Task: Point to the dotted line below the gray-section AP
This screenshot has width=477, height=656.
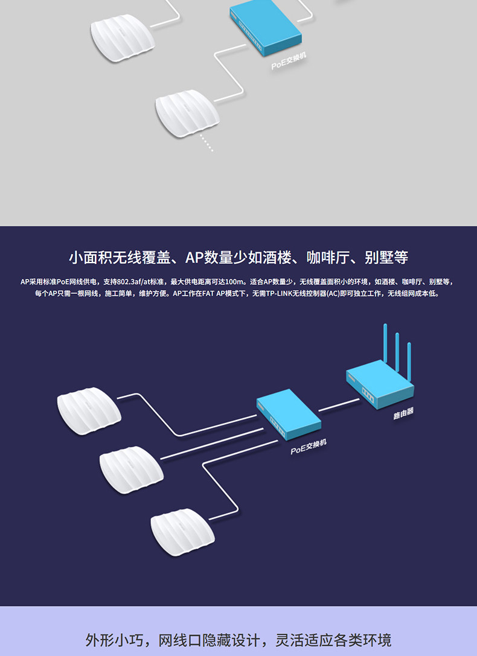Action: pos(206,143)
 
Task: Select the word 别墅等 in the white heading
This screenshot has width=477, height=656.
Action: pos(386,258)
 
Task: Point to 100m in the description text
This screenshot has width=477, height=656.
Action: pos(234,282)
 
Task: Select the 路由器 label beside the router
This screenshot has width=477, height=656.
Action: pos(403,413)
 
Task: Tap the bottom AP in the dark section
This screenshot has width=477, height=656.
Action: pos(182,530)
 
